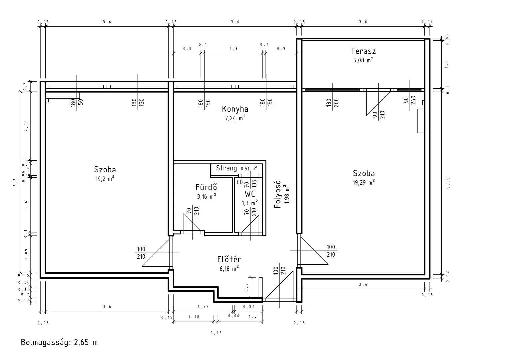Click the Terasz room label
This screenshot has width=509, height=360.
[x=363, y=51]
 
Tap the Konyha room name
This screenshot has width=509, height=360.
[x=235, y=109]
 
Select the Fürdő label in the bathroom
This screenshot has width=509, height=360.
[x=206, y=187]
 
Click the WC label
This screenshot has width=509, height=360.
[x=250, y=194]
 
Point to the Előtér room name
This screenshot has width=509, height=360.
[x=229, y=259]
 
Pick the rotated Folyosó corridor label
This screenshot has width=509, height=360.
[x=277, y=194]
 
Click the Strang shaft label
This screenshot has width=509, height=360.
[x=226, y=168]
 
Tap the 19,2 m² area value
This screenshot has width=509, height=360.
[x=105, y=179]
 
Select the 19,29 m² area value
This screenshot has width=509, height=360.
[x=363, y=182]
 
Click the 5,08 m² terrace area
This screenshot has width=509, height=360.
[x=363, y=60]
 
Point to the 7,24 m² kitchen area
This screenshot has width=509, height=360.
[x=235, y=118]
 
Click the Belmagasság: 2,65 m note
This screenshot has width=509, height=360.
[x=59, y=342]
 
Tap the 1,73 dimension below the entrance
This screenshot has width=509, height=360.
[x=203, y=307]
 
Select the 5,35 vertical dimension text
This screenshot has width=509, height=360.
[x=448, y=183]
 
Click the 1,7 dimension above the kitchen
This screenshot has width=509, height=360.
[x=234, y=48]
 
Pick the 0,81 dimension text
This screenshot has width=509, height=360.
[x=249, y=307]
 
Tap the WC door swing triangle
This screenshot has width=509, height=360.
[x=250, y=224]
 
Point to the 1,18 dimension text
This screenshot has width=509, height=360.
[x=194, y=317]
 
